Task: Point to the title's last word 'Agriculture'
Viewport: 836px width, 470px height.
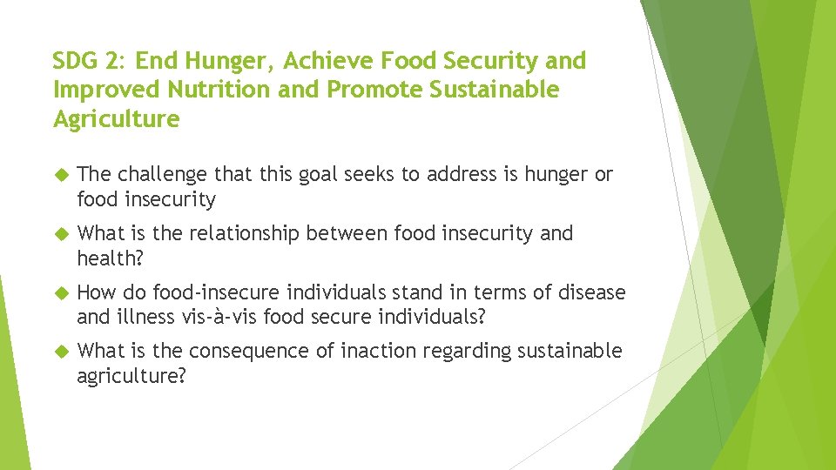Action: click(x=116, y=118)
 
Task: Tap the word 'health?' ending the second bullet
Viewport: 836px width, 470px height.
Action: click(x=108, y=258)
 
